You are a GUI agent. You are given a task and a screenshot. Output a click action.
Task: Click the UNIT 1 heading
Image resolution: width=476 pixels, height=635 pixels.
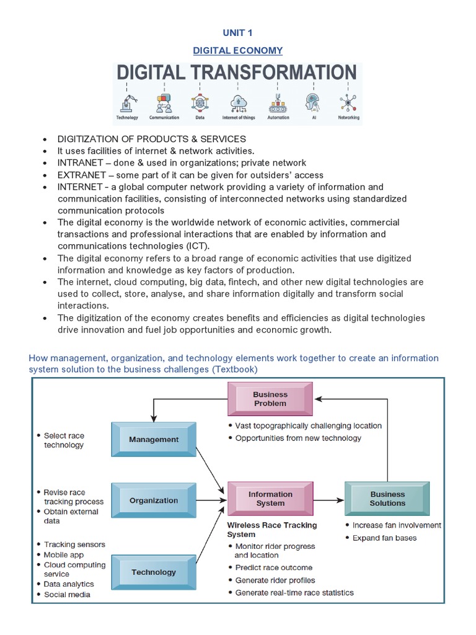coord(237,33)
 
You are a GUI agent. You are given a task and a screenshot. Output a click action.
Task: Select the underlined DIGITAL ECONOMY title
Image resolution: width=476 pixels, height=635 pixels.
coord(237,51)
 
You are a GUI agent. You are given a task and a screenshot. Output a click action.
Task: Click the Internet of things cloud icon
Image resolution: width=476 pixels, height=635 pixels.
coord(238,102)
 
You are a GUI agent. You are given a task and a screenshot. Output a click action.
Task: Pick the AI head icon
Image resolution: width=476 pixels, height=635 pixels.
coord(312,102)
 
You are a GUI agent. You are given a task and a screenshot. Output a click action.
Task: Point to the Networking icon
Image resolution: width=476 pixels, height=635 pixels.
coord(348,102)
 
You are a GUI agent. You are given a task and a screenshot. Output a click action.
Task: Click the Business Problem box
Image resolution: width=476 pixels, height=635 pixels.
coord(270,399)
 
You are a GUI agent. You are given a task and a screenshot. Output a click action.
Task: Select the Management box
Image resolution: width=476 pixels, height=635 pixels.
coord(154,440)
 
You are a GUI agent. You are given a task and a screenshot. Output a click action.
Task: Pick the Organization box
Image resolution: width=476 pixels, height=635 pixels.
coord(154,500)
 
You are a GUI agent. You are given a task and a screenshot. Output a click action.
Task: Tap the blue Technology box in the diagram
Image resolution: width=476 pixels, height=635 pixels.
coord(154,572)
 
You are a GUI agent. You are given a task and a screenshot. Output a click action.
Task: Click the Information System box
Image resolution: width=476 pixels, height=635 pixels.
coord(270,499)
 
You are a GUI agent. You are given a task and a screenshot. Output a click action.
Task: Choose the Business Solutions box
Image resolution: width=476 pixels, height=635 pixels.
coord(387,499)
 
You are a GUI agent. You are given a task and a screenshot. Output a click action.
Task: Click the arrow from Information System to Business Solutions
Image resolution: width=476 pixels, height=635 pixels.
coord(328,499)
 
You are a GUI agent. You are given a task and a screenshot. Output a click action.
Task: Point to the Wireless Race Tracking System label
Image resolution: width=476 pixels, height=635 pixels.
coord(271,530)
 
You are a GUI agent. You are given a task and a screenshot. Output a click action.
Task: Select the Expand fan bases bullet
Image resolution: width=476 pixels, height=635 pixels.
coord(384,538)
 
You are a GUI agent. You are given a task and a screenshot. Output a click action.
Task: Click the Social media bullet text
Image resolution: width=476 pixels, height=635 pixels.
coord(67,595)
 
